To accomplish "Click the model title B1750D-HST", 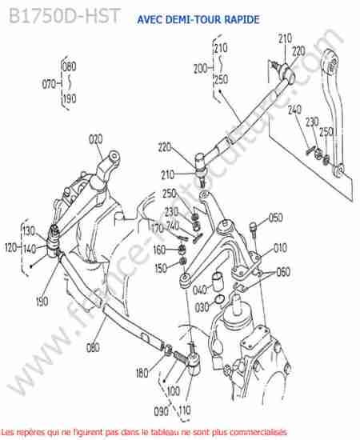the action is point(65,15).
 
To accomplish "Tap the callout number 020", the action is point(96,139).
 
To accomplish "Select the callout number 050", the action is point(275,218).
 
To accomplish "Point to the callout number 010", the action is point(280,248).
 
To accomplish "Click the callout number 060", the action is point(283,272).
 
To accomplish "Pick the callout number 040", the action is point(200,290).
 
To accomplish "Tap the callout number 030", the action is point(202,307).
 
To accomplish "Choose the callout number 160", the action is point(159,250).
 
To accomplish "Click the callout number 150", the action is point(161,268).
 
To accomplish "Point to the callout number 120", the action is point(10,248).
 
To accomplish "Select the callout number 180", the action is point(142,373).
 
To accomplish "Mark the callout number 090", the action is point(161,411).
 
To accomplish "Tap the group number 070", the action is point(49,84).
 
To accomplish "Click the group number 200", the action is point(200,69).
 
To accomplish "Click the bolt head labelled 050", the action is point(253,226).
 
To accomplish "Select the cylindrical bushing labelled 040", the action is point(217,281).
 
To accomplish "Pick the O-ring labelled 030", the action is point(219,300).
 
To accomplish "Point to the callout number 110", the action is point(185,410).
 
